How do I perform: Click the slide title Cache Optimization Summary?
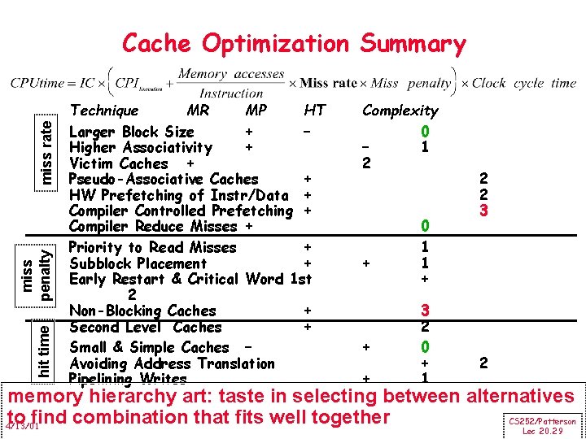tap(294, 43)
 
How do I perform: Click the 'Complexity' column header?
tap(400, 111)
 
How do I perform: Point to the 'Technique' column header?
tap(104, 111)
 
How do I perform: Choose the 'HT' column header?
tap(314, 111)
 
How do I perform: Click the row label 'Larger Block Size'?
tap(132, 132)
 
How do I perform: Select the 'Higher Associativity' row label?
tap(141, 148)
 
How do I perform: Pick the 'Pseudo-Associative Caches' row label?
tap(164, 179)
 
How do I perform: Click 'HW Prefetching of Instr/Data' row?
tap(179, 195)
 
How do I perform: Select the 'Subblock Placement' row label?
tap(138, 263)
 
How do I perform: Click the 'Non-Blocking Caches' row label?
tap(142, 311)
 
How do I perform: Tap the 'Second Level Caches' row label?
tap(146, 327)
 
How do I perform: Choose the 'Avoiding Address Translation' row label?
tap(172, 363)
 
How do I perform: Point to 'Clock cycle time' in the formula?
tap(524, 83)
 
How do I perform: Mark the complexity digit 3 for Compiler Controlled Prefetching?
tap(483, 211)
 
